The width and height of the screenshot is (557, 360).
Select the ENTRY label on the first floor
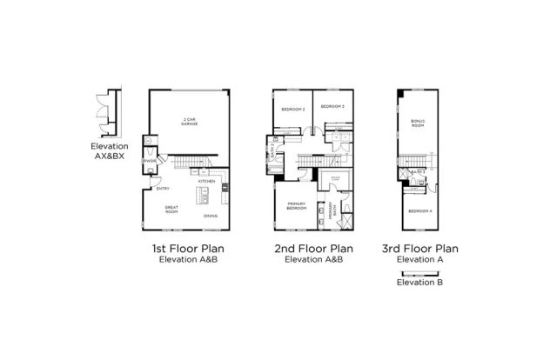(x=162, y=189)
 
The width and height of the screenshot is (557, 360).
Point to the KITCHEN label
(x=206, y=182)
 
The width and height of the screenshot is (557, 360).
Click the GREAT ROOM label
(x=172, y=210)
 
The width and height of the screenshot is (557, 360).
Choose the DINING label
(x=211, y=216)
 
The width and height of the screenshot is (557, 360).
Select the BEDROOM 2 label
(x=292, y=109)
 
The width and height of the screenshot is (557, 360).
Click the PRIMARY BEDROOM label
(x=298, y=207)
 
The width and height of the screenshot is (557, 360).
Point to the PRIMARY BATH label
(x=332, y=210)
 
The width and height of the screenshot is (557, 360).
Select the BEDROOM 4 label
(x=418, y=210)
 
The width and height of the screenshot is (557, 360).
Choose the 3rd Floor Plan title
(x=420, y=249)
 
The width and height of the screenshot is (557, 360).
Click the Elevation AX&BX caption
(x=110, y=151)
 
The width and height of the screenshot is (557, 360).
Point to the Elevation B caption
(x=420, y=282)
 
